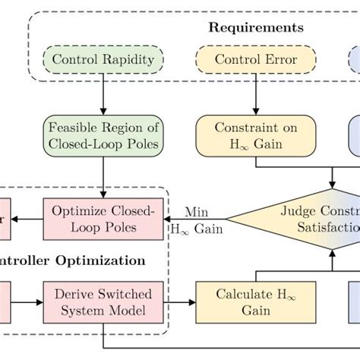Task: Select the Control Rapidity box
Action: (102, 59)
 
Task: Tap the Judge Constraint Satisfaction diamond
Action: (304, 218)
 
